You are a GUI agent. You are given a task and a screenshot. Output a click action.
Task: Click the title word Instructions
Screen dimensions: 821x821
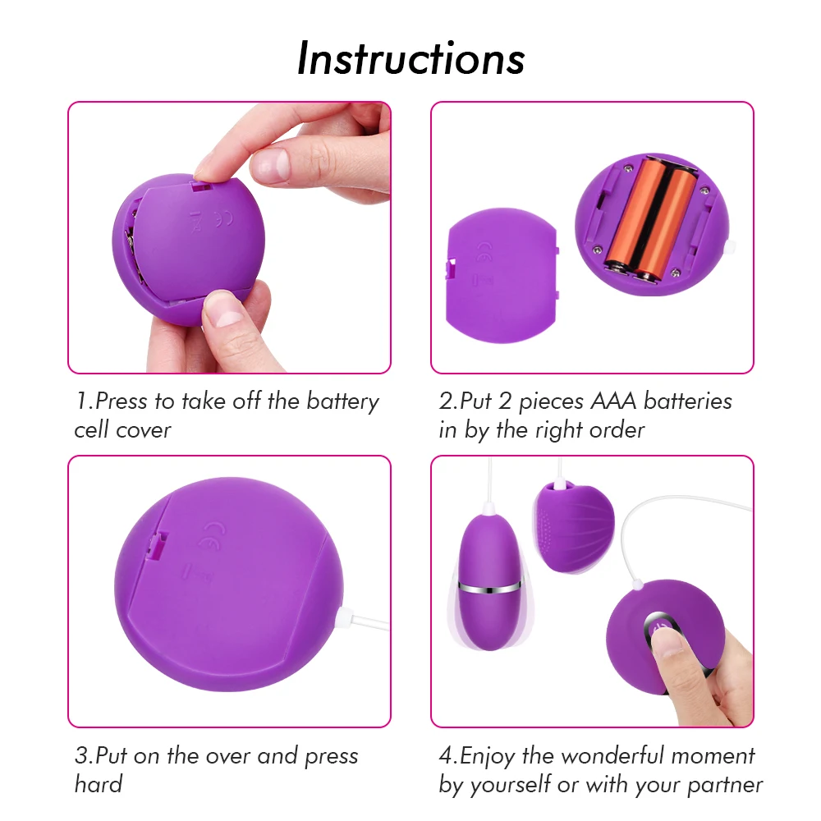pyautogui.click(x=410, y=58)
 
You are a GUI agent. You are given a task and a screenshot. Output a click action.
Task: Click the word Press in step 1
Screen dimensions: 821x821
pyautogui.click(x=122, y=401)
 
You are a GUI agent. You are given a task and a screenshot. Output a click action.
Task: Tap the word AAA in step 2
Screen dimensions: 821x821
pyautogui.click(x=613, y=401)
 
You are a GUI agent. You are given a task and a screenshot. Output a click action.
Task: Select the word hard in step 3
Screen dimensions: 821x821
pyautogui.click(x=99, y=784)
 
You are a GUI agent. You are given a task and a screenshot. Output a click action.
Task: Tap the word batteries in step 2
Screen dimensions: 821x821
pyautogui.click(x=688, y=401)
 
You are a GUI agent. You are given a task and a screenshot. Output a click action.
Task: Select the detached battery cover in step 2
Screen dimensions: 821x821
pyautogui.click(x=502, y=275)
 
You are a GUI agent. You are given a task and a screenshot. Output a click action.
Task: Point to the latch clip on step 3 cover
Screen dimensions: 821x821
pyautogui.click(x=158, y=546)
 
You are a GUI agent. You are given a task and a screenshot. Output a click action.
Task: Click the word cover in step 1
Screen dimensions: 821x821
pyautogui.click(x=144, y=430)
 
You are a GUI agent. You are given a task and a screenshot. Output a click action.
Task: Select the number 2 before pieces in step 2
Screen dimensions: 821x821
pyautogui.click(x=504, y=401)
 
